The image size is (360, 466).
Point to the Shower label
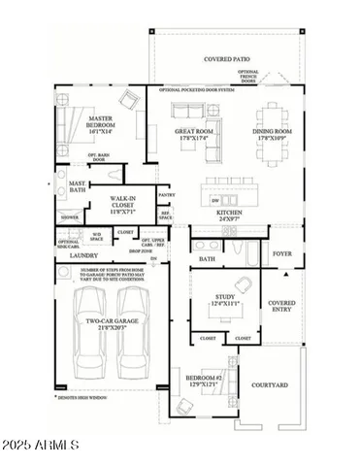pos(70,218)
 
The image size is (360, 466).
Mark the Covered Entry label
pos(282,307)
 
